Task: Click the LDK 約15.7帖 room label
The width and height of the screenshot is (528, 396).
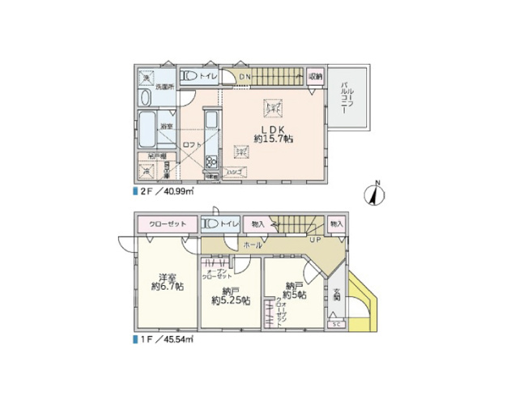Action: [x=273, y=134]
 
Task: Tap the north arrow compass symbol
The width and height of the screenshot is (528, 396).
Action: [x=374, y=194]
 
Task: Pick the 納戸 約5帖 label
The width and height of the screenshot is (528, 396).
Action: [x=296, y=291]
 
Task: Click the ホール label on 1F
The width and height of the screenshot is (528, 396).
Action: [x=253, y=243]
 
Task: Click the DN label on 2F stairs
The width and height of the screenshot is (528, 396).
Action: [x=245, y=78]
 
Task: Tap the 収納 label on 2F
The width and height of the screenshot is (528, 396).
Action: [x=316, y=76]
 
